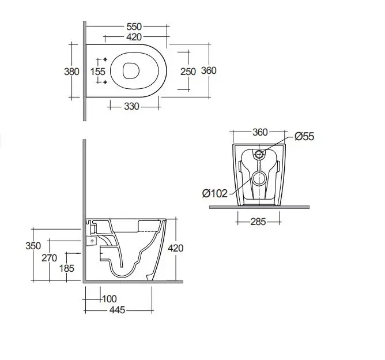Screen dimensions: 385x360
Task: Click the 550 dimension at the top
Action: click(134, 27)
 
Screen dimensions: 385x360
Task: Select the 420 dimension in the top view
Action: click(134, 37)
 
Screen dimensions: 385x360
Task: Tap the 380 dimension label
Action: click(71, 72)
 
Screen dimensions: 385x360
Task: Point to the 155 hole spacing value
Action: click(98, 72)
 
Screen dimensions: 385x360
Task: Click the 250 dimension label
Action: click(188, 72)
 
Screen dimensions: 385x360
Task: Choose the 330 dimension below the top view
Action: click(131, 107)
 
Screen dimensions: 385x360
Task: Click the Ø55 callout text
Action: click(304, 136)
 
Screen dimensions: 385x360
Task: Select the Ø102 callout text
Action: click(215, 194)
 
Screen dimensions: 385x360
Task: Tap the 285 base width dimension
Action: click(258, 222)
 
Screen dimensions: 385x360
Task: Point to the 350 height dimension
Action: click(33, 246)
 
